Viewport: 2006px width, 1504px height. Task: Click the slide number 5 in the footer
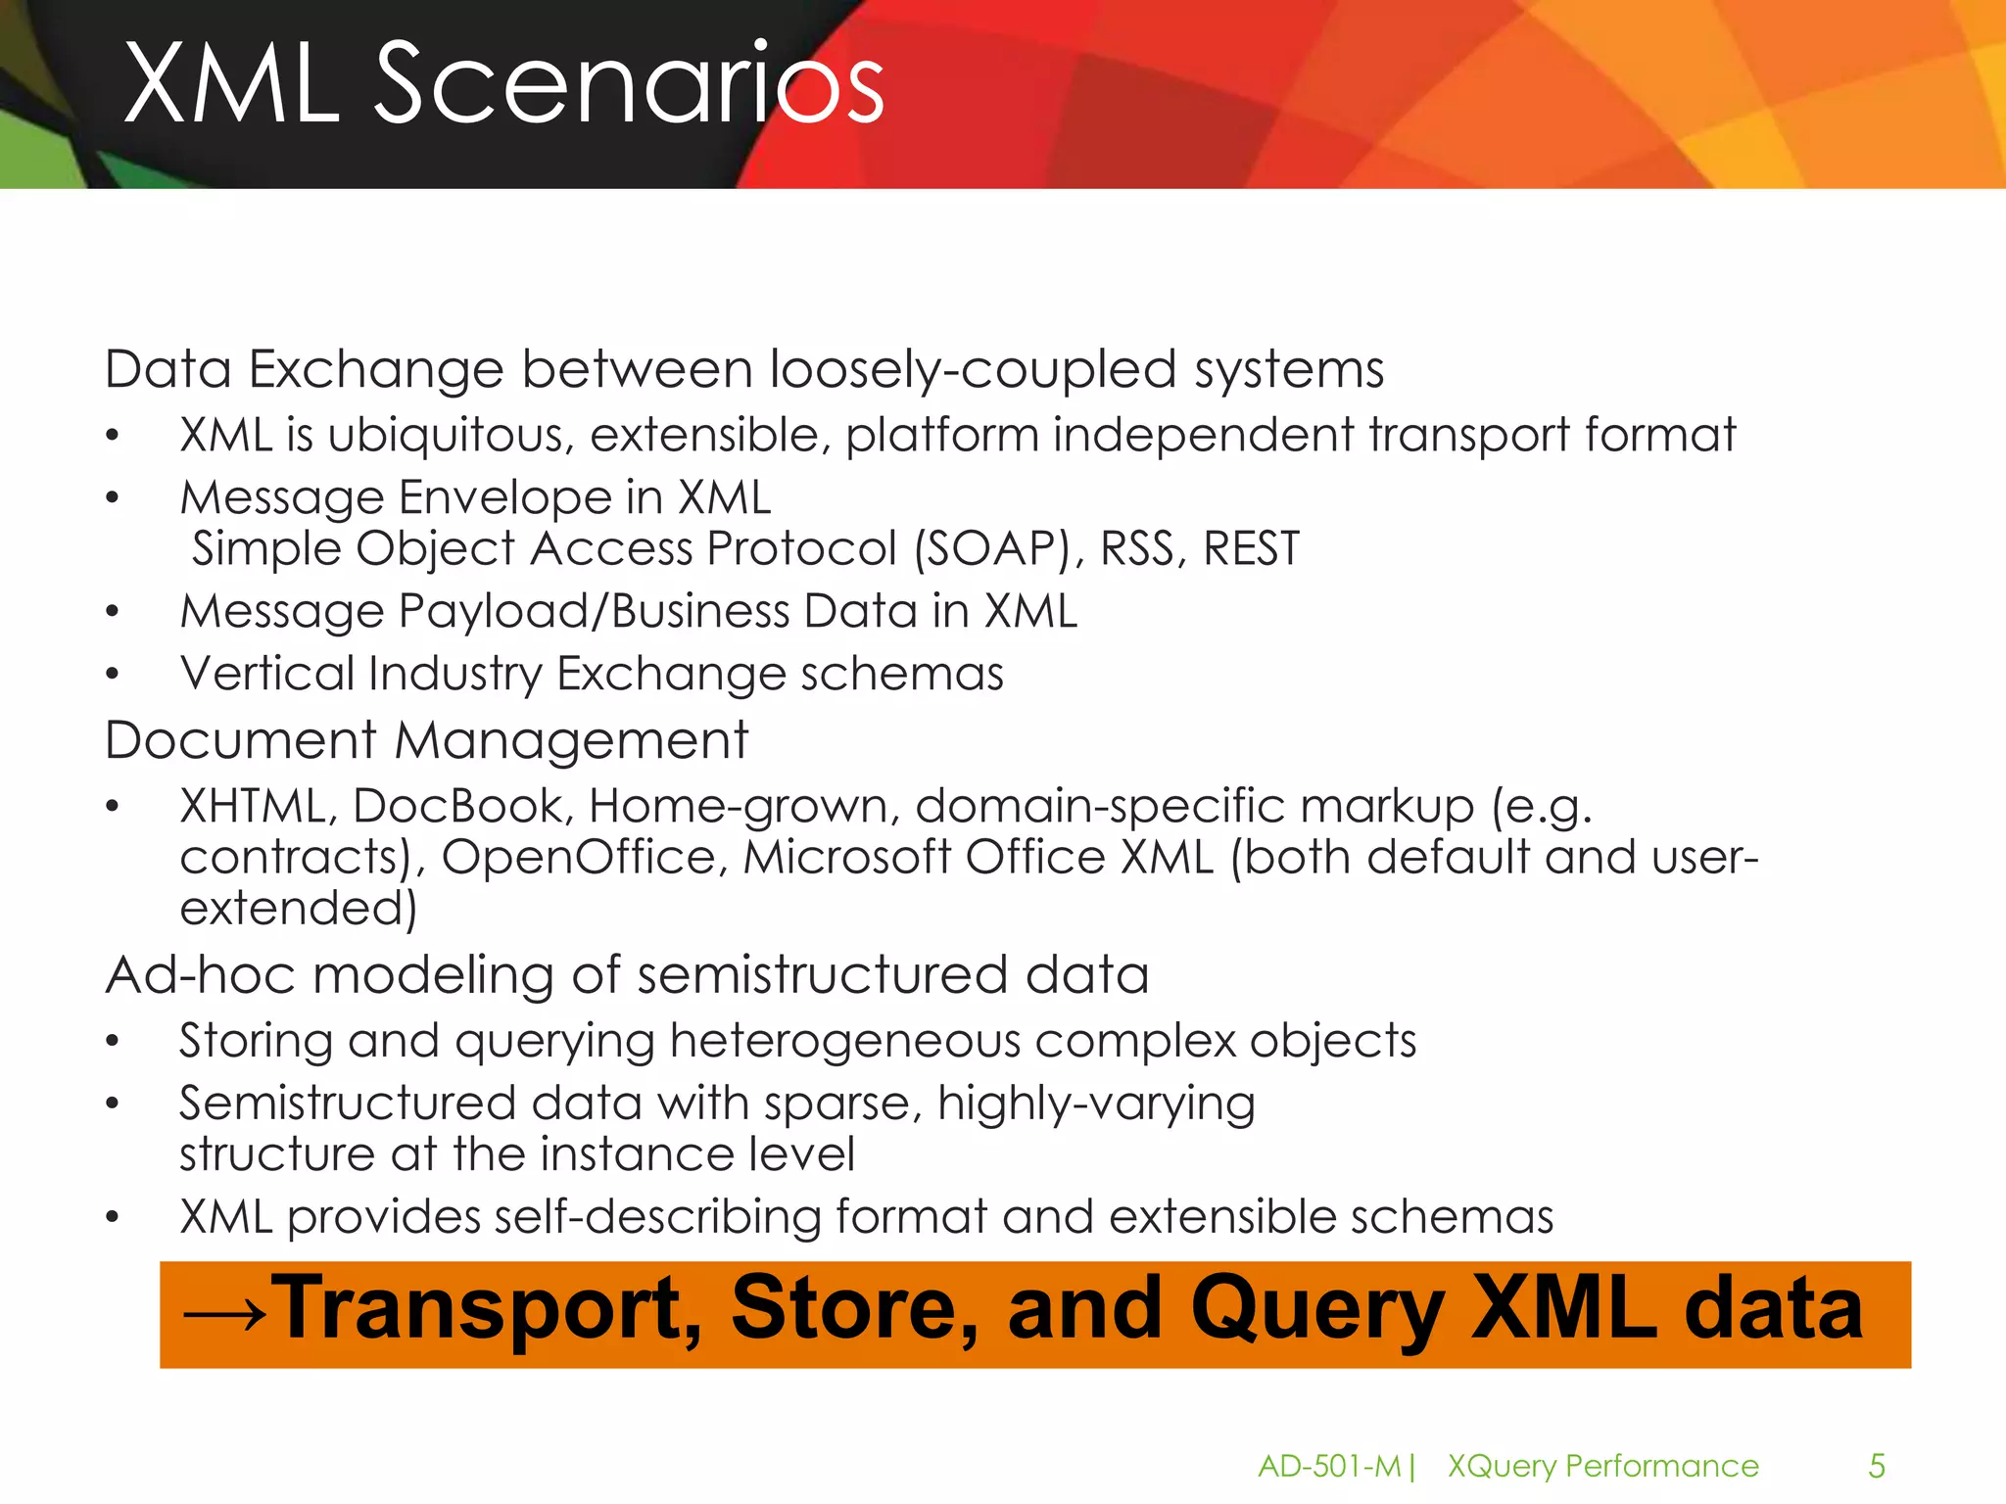click(x=1877, y=1466)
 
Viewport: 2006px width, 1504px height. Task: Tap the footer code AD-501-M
click(x=1329, y=1466)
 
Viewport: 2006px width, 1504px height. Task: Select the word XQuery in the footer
click(x=1502, y=1466)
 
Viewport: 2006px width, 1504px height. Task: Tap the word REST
click(x=1251, y=548)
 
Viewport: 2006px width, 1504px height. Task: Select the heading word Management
click(x=571, y=740)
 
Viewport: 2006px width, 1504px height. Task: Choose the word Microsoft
click(x=846, y=857)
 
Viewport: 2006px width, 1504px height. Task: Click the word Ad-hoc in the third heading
click(x=200, y=975)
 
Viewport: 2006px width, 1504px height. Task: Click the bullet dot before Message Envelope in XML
click(x=113, y=498)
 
